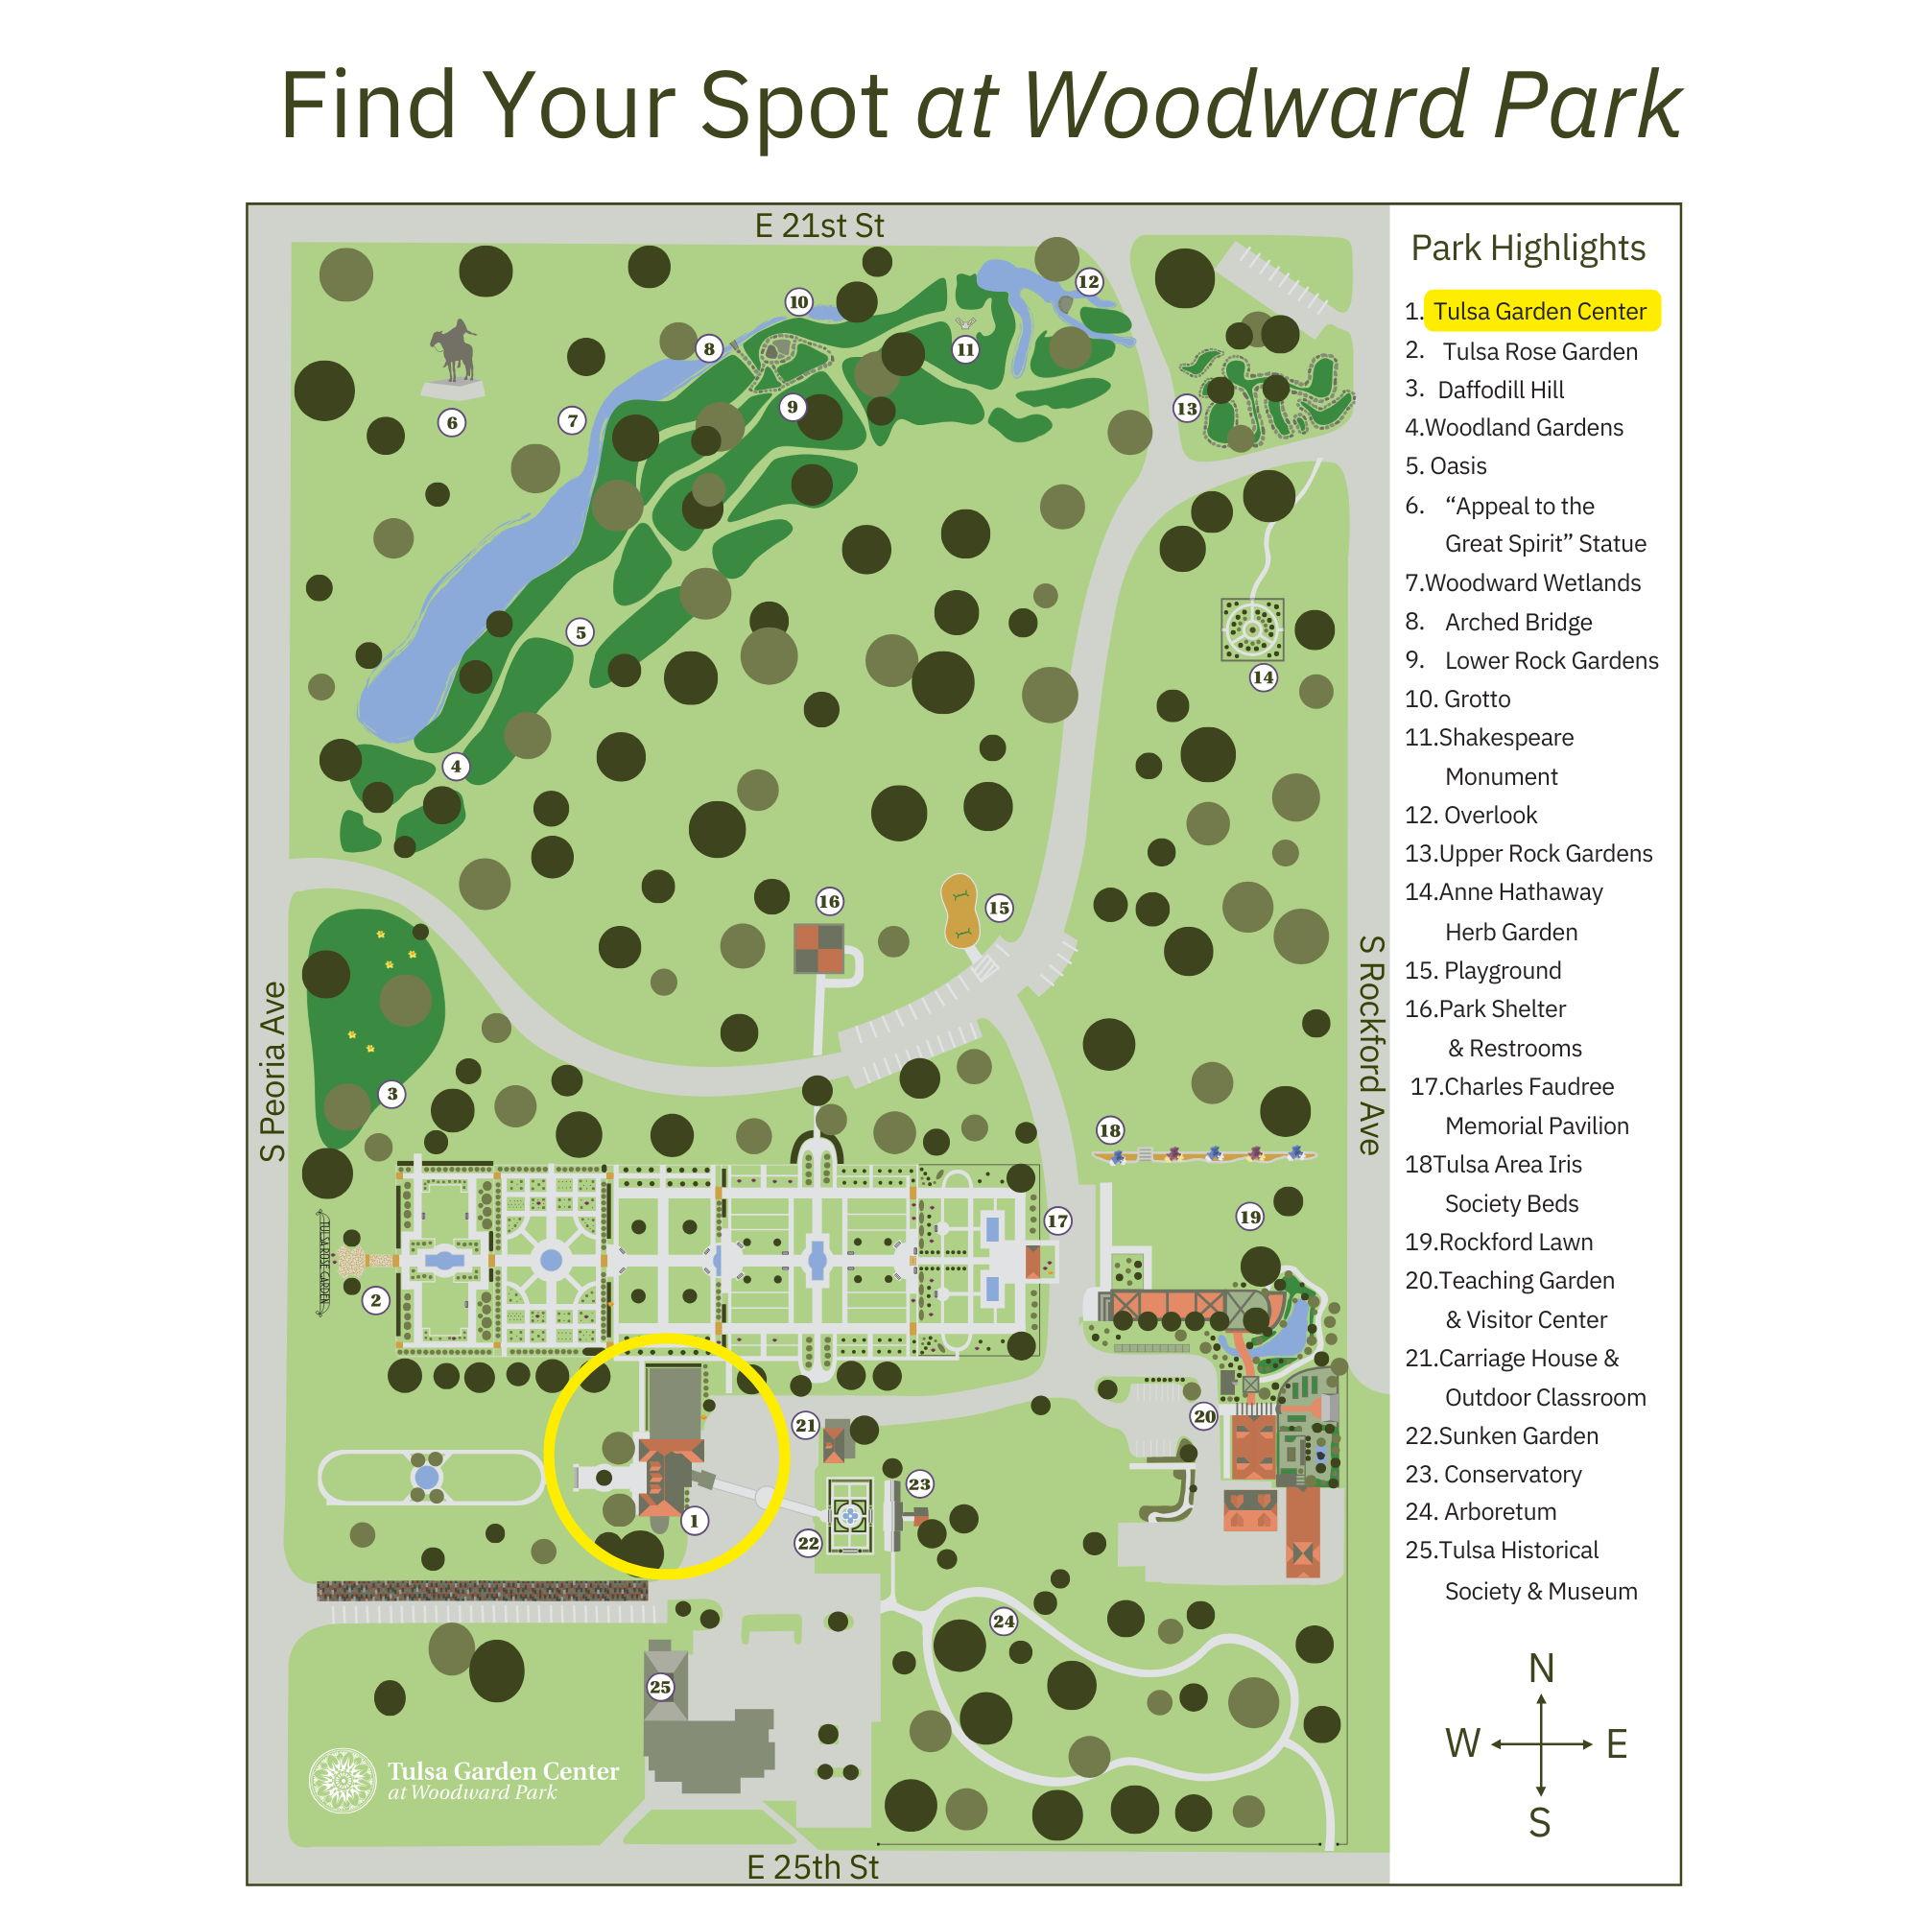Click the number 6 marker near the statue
(x=452, y=423)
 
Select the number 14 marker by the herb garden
(x=1263, y=677)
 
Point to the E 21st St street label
(x=818, y=226)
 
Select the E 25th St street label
(x=813, y=1867)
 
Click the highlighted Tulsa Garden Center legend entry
(x=1540, y=311)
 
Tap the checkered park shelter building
(x=818, y=949)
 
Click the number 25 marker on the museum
(x=660, y=1687)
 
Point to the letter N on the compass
(x=1541, y=1668)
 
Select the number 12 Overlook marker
(x=1089, y=282)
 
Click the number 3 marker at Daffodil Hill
(x=392, y=1095)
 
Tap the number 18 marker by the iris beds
(x=1109, y=1130)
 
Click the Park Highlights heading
(x=1528, y=248)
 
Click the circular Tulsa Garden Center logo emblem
(x=342, y=1781)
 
